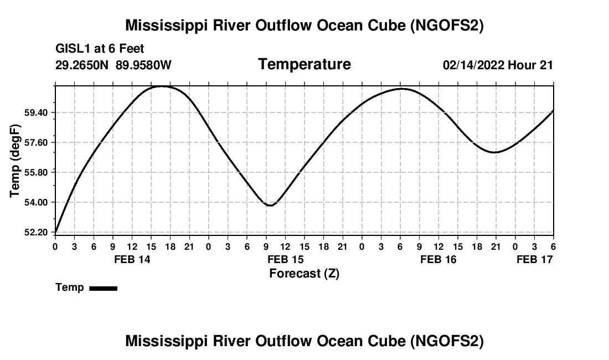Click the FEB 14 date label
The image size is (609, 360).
132,259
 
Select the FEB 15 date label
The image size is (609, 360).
285,259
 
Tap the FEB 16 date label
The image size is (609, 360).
438,259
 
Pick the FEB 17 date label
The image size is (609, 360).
535,259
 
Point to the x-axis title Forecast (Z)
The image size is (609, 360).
304,273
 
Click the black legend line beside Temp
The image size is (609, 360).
103,288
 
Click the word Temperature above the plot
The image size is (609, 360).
304,64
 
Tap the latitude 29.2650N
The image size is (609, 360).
83,65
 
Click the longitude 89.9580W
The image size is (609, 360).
143,65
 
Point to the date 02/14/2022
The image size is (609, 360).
473,65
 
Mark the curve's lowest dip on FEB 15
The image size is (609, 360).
270,205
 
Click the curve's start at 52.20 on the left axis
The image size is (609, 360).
56,232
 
